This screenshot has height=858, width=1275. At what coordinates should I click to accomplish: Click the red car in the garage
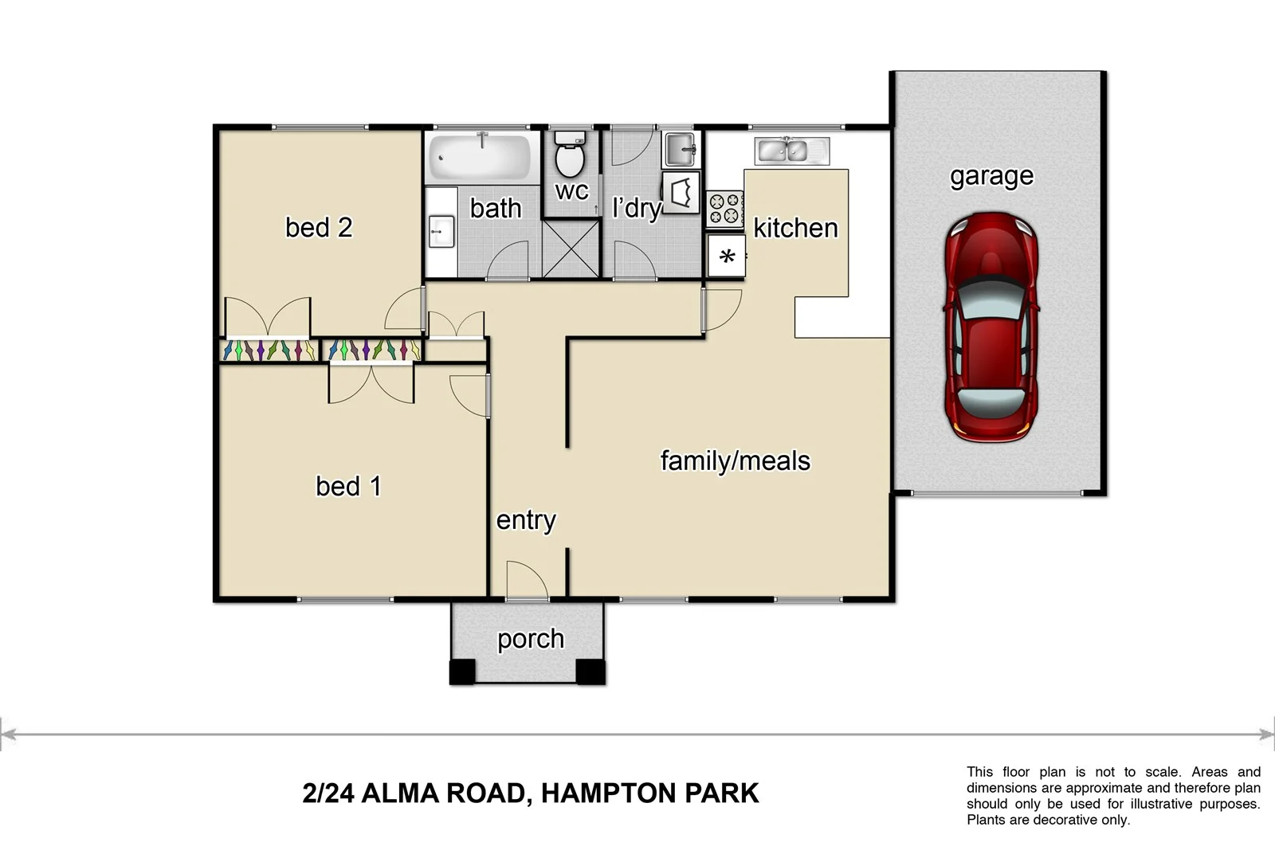[x=991, y=327]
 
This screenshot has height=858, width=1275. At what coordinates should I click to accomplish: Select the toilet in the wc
[x=569, y=155]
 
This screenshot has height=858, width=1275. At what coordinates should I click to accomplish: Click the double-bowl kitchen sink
[x=792, y=150]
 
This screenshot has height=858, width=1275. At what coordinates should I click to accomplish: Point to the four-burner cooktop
[x=724, y=209]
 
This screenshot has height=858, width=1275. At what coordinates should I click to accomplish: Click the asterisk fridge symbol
[x=726, y=257]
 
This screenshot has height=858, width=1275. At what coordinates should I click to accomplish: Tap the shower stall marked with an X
[x=571, y=249]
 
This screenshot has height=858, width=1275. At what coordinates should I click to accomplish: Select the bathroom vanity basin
[x=441, y=231]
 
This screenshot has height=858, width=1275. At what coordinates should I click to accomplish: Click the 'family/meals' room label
[x=735, y=460]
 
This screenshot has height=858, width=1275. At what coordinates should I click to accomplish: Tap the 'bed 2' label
[x=319, y=228]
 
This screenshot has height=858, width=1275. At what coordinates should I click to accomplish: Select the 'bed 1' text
[x=348, y=486]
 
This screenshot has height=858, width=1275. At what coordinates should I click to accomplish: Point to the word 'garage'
[x=991, y=176]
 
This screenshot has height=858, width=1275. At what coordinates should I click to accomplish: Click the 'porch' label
[x=530, y=639]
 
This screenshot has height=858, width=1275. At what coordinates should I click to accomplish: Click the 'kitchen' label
[x=795, y=229]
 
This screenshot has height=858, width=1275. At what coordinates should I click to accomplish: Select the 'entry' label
[x=525, y=520]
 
